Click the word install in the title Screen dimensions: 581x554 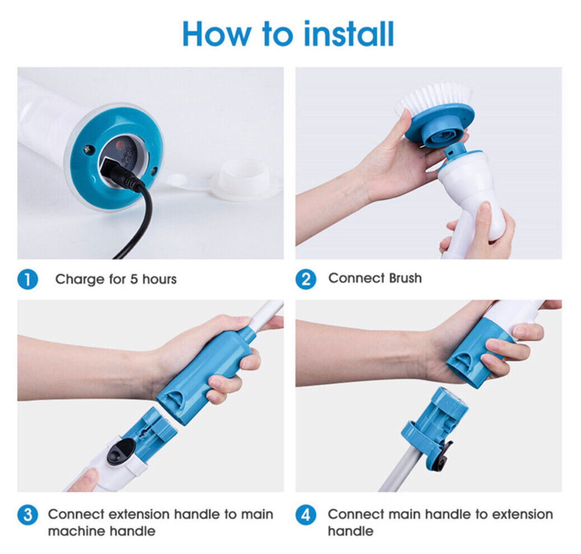[x=349, y=33]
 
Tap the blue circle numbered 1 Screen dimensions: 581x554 [x=28, y=279]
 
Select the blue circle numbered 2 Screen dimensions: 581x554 [x=306, y=279]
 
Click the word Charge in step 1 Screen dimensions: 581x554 [x=80, y=279]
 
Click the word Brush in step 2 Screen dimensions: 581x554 [x=405, y=278]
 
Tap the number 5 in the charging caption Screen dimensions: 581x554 [x=134, y=279]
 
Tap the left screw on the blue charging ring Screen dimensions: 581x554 [x=88, y=149]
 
